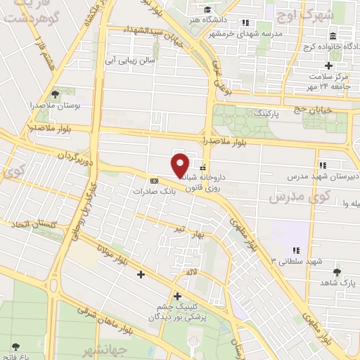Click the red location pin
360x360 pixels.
(x=181, y=165)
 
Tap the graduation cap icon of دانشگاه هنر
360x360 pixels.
(x=207, y=10)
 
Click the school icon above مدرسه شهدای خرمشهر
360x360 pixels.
(x=244, y=22)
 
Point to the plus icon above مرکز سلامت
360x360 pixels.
(x=338, y=65)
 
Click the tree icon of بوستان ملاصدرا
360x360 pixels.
(x=56, y=93)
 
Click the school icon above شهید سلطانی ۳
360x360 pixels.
(x=295, y=250)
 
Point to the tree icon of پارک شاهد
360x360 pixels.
(x=337, y=271)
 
